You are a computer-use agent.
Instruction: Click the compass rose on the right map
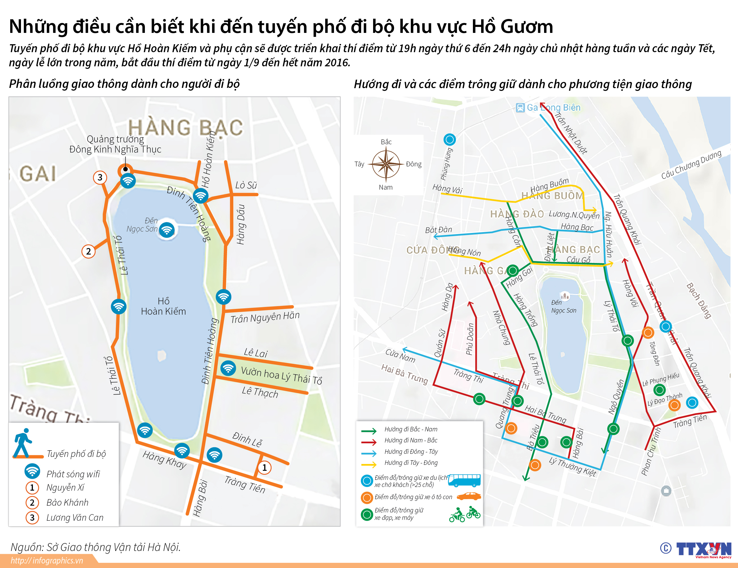tap(386, 164)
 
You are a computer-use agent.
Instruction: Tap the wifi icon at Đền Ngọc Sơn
tap(167, 230)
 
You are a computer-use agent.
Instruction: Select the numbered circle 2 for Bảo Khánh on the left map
tap(88, 251)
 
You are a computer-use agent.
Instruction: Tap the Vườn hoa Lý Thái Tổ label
tap(281, 375)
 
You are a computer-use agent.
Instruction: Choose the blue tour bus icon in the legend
tap(464, 480)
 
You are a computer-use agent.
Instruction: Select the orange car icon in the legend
tap(469, 496)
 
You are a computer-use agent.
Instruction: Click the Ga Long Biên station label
tap(553, 107)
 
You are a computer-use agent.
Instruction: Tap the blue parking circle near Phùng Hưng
tap(449, 139)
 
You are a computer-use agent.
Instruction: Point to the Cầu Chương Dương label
tap(691, 165)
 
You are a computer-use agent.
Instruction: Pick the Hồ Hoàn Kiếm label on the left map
tap(164, 306)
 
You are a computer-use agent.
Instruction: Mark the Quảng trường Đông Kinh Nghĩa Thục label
tap(115, 144)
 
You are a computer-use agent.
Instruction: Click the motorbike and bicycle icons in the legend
tap(465, 514)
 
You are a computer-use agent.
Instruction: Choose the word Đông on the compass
tap(414, 164)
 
